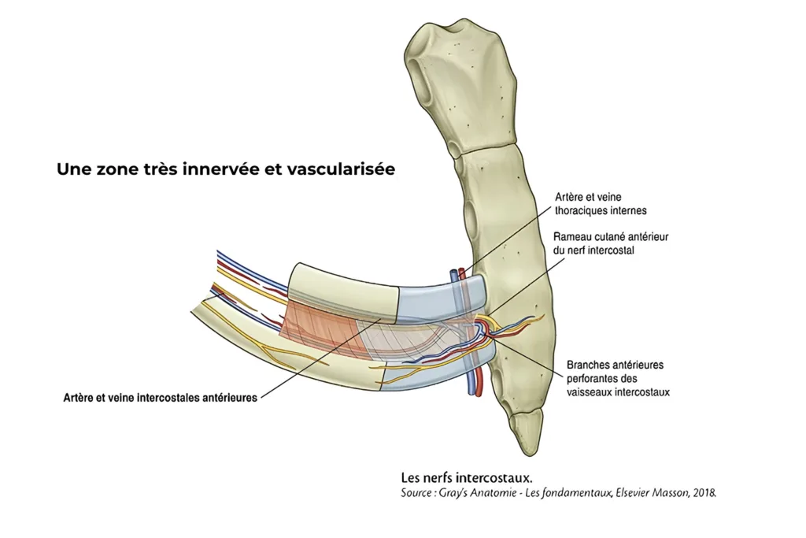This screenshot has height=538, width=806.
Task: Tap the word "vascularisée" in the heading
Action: click(x=343, y=169)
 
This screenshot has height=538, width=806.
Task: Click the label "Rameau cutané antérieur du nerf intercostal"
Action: click(x=611, y=243)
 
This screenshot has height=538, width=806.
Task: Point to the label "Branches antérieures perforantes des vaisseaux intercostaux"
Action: click(x=618, y=378)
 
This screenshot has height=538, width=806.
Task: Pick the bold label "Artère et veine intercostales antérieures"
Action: click(x=161, y=399)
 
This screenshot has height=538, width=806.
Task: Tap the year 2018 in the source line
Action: click(x=703, y=493)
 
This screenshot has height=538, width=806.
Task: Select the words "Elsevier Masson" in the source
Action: click(x=649, y=493)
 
